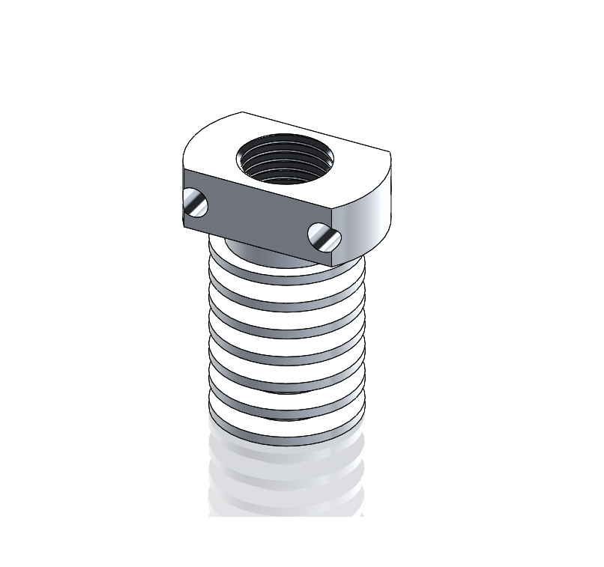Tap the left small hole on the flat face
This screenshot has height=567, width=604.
[x=196, y=203]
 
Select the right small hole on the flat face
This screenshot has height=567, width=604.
[x=324, y=237]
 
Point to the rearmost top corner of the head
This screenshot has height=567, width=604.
[x=241, y=112]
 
